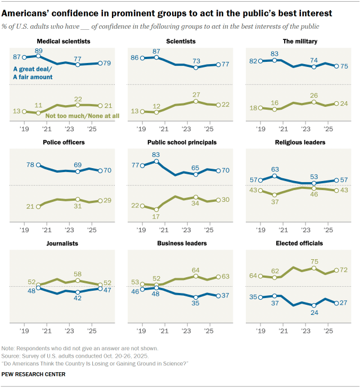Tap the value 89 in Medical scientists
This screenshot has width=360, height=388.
[x=39, y=50]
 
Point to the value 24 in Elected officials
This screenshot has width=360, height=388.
[x=314, y=313]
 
